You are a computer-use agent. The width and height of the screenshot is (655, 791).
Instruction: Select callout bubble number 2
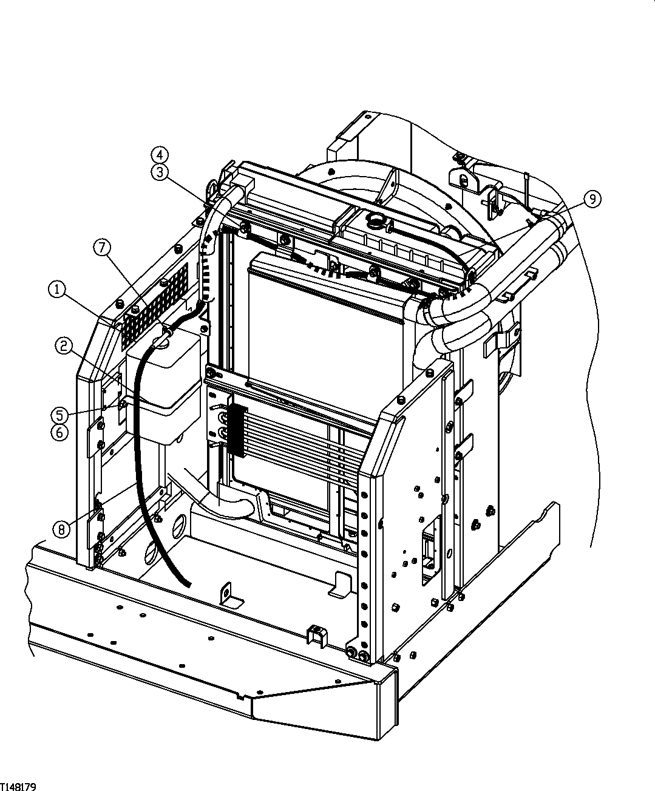pyautogui.click(x=63, y=346)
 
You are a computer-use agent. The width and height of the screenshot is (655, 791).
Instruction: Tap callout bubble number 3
pyautogui.click(x=160, y=172)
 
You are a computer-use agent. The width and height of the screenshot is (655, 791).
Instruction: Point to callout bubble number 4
pyautogui.click(x=160, y=154)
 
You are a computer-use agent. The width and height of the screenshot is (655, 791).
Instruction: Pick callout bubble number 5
pyautogui.click(x=59, y=415)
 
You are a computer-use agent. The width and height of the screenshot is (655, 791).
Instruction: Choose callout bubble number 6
pyautogui.click(x=59, y=433)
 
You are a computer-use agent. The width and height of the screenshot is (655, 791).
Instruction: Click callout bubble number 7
pyautogui.click(x=102, y=247)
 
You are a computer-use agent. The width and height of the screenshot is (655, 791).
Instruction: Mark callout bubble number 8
pyautogui.click(x=61, y=529)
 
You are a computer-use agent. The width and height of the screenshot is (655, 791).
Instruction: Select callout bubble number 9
pyautogui.click(x=592, y=198)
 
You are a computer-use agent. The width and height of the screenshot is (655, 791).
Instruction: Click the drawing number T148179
pyautogui.click(x=18, y=787)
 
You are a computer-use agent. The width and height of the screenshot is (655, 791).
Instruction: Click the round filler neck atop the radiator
pyautogui.click(x=375, y=220)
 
